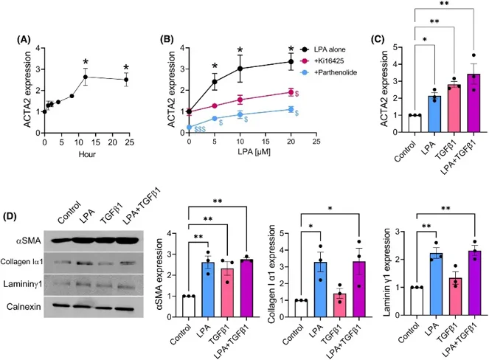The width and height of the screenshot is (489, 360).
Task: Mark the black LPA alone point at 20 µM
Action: tap(291, 62)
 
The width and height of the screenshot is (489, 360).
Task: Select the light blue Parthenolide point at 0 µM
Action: tap(190, 127)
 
